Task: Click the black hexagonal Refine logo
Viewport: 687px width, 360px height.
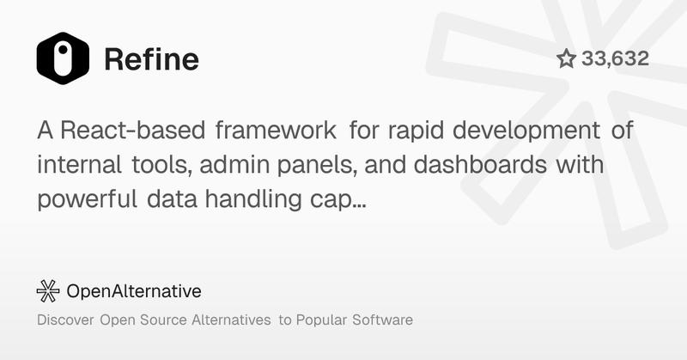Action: (x=63, y=58)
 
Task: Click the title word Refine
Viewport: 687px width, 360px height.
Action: (x=151, y=59)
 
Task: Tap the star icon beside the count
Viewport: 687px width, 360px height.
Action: (x=566, y=58)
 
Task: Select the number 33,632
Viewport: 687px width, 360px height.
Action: (x=615, y=58)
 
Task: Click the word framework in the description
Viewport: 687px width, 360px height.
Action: (x=275, y=132)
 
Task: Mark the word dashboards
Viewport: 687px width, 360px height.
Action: (x=472, y=166)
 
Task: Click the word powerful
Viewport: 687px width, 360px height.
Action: (x=84, y=200)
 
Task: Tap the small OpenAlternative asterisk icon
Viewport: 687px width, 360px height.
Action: (x=48, y=291)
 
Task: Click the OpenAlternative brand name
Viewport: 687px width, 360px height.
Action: (x=133, y=291)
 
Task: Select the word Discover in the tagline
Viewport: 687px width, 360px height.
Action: (x=65, y=320)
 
